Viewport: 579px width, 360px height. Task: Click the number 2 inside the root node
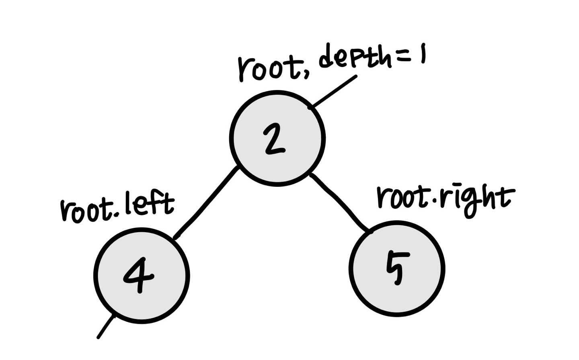point(275,139)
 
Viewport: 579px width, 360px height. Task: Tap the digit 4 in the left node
point(139,275)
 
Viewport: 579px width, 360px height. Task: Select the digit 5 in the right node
point(398,268)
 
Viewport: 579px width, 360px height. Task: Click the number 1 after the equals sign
point(423,53)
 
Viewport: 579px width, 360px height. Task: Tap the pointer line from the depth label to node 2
point(333,92)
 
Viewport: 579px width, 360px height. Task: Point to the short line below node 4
point(106,327)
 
